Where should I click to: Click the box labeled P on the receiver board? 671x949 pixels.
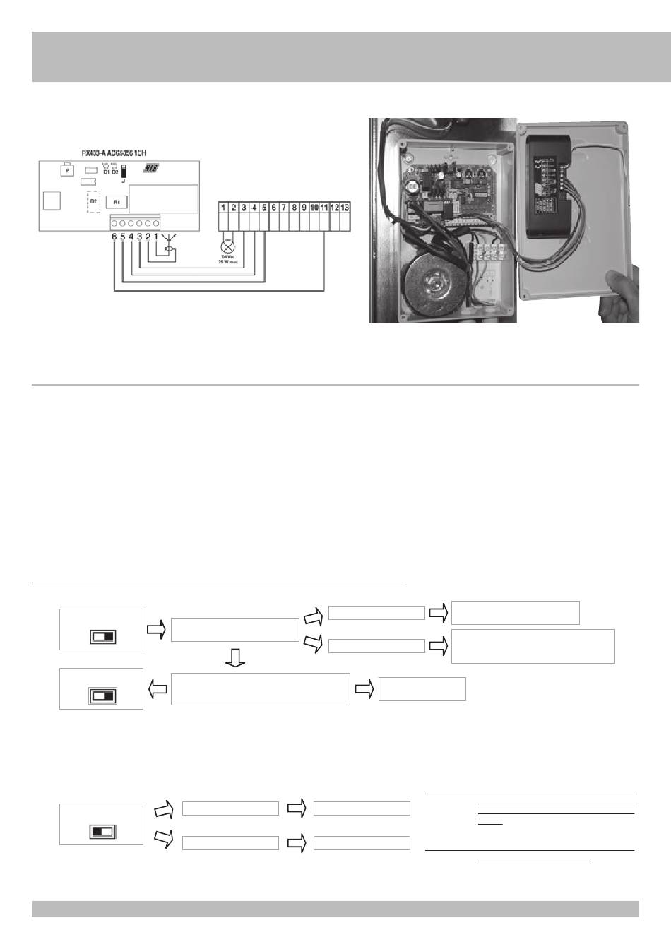point(66,171)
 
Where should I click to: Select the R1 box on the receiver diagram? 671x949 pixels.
point(117,201)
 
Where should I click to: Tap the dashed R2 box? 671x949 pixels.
point(93,201)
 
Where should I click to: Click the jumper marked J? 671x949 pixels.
point(124,172)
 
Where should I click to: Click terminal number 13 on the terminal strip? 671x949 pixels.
point(345,208)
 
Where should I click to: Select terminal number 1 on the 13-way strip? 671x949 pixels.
point(224,208)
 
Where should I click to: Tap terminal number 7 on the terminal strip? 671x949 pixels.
point(284,208)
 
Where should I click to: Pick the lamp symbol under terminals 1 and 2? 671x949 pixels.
point(228,248)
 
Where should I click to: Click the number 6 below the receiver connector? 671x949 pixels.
point(114,237)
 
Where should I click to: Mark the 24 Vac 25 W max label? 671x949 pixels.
point(228,260)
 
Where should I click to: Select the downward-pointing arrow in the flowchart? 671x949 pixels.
point(235,657)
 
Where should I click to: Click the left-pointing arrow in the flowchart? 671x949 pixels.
point(158,689)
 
